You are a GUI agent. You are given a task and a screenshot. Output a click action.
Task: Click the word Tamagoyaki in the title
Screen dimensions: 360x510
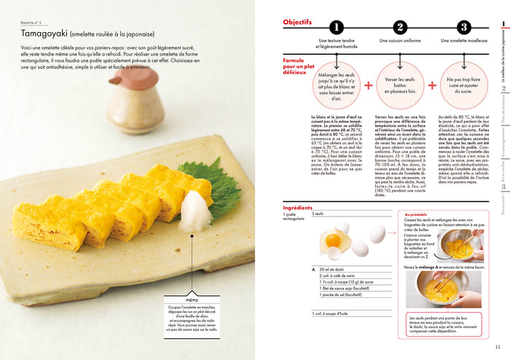click(45, 33)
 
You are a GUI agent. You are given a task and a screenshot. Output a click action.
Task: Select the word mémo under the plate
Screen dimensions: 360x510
click(192, 300)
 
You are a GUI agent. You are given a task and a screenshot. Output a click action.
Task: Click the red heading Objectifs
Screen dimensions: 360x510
click(297, 23)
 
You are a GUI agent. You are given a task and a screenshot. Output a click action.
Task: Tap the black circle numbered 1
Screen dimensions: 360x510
click(335, 28)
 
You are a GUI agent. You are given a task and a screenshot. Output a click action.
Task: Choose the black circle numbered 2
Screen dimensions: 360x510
click(399, 28)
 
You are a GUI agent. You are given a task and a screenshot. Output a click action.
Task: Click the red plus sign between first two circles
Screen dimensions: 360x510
click(368, 85)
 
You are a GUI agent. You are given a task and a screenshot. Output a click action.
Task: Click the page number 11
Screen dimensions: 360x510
click(497, 346)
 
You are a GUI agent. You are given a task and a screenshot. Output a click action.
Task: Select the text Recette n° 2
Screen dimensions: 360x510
click(34, 22)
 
